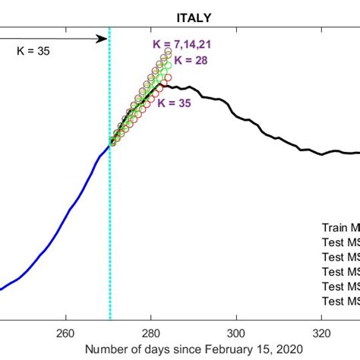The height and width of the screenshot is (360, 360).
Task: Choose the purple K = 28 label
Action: click(x=191, y=61)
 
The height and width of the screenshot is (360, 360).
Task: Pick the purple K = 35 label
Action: click(x=175, y=104)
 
